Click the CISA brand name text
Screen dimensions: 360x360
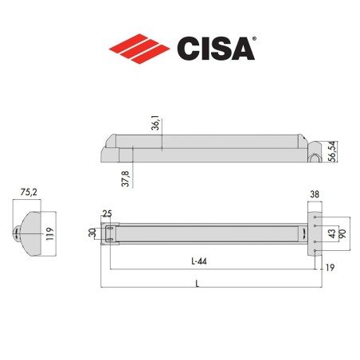215,48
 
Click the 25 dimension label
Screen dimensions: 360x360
106,213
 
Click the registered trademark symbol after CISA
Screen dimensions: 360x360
254,37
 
